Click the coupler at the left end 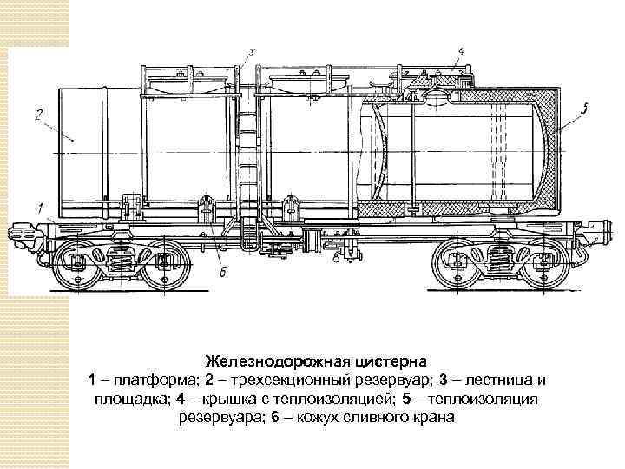coord(19,233)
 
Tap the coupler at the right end coord(598,233)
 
